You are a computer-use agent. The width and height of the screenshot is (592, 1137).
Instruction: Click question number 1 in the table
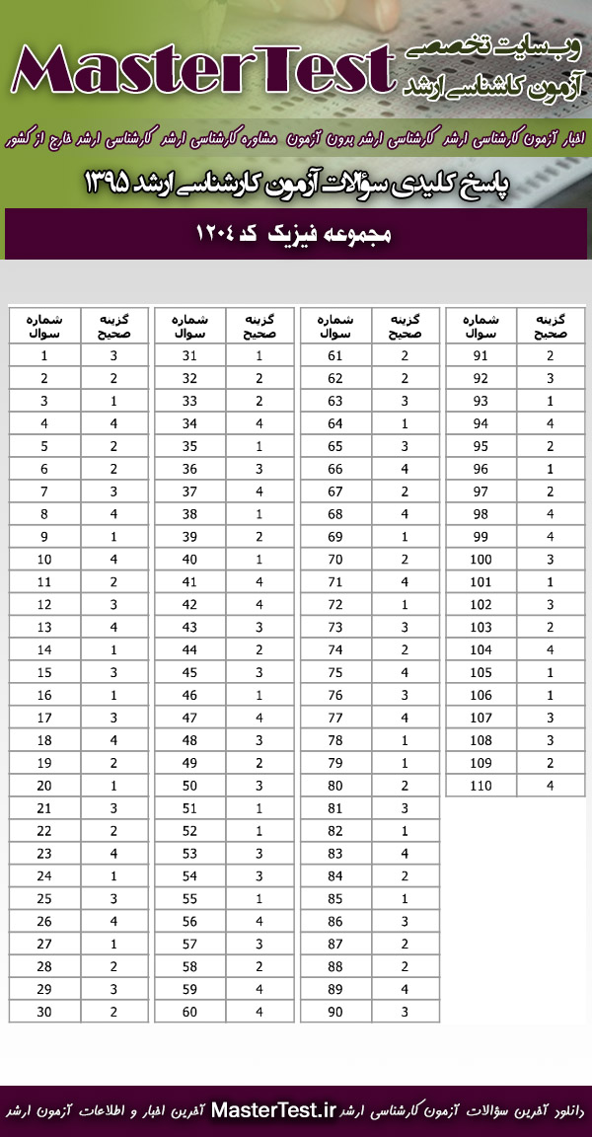[x=45, y=354]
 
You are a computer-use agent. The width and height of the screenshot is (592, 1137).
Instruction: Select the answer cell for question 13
[x=113, y=627]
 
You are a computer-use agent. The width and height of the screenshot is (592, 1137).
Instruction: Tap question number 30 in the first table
[x=45, y=1011]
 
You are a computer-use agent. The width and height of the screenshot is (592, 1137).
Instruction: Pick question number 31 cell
[x=189, y=354]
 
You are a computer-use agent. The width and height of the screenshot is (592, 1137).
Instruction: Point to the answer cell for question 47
[x=259, y=718]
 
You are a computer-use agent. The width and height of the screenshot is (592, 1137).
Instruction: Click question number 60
[x=189, y=1011]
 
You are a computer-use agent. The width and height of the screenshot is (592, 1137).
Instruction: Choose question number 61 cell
[x=335, y=354]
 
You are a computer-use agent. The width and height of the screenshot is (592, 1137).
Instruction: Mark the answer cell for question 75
[x=405, y=672]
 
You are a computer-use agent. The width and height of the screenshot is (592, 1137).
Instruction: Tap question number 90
[x=335, y=1011]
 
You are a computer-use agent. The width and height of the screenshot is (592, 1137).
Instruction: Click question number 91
[x=481, y=354]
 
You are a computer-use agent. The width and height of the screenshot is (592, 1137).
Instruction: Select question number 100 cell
[x=481, y=559]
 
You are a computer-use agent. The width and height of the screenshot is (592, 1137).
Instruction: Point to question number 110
[x=481, y=786]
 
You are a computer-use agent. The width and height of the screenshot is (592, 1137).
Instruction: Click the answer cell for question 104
[x=551, y=649]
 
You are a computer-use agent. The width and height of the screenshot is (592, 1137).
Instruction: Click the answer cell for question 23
[x=113, y=854]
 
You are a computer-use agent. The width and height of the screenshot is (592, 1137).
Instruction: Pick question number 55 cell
[x=189, y=898]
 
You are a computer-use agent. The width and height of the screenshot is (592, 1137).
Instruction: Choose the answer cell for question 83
[x=405, y=854]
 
